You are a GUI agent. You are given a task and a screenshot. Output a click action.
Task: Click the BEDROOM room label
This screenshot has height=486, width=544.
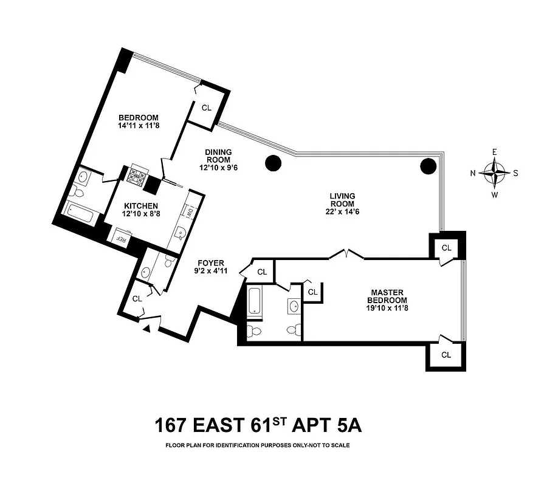click(138, 118)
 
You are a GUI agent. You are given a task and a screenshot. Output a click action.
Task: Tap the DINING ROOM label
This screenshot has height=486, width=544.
click(218, 157)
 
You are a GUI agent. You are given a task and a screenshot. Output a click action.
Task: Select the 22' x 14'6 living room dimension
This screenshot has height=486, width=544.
click(342, 211)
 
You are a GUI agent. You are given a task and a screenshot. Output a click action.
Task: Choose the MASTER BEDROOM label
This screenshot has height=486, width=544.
click(387, 296)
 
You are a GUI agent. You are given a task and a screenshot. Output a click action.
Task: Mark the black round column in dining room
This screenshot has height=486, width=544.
click(273, 162)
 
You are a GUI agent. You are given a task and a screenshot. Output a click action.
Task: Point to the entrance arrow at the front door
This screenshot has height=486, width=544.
click(146, 328)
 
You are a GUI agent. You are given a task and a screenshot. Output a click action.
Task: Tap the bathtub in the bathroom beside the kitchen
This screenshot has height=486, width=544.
click(81, 216)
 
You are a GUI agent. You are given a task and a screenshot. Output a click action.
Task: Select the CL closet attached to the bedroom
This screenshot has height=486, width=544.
click(206, 108)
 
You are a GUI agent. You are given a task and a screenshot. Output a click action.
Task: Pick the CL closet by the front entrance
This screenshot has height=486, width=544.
click(137, 298)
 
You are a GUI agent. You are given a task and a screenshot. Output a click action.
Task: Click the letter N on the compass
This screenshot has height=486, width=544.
click(473, 173)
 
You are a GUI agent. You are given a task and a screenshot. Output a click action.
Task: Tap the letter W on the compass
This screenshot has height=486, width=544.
click(495, 194)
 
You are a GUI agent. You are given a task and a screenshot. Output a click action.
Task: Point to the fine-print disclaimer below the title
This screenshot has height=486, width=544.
click(258, 445)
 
